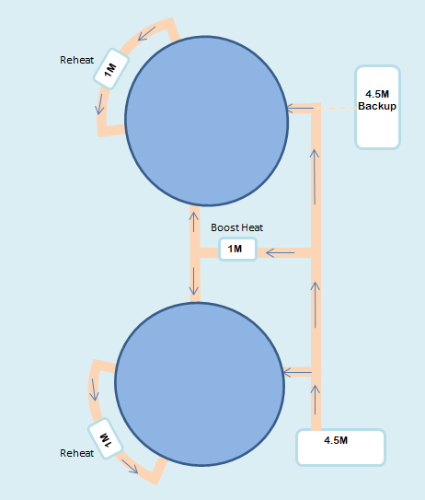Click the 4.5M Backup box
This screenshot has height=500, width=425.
coord(377,107)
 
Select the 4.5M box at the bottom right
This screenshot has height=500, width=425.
coord(341,448)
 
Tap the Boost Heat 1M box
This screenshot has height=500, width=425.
coord(237,249)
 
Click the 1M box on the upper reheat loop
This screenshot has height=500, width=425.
coord(111,69)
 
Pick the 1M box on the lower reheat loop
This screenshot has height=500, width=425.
coord(105,438)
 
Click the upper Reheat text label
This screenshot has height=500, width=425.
coord(76,60)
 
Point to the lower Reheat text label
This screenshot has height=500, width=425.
coord(76,453)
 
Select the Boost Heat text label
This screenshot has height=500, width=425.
coord(237,227)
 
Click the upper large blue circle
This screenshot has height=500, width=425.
coord(207,121)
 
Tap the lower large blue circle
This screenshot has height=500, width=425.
coord(200,384)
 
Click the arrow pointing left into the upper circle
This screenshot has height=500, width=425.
coord(300,109)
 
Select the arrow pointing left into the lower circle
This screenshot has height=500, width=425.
coord(297,372)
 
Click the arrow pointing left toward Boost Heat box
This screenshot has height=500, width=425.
coord(280,253)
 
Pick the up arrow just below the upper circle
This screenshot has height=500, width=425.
coord(194,222)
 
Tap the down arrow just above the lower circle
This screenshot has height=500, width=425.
coord(194,281)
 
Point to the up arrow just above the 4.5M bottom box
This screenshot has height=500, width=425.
coord(316,400)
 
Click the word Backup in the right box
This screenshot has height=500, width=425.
coord(377,106)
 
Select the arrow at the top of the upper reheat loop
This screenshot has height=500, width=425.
coord(147,33)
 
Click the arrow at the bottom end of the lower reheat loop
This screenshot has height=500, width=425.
coord(130,467)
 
